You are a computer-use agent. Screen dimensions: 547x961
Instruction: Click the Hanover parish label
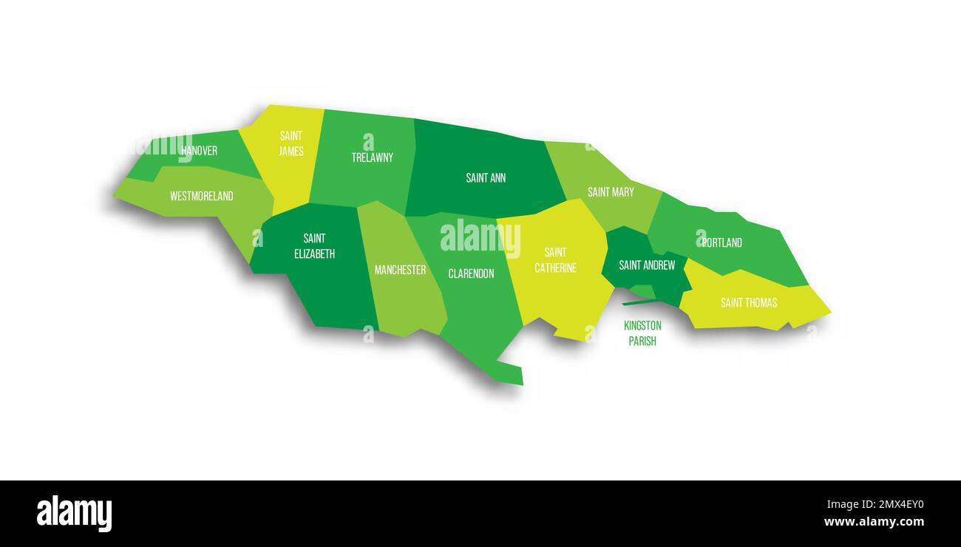point(200,151)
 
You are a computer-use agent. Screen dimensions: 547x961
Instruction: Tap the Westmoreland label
point(201,196)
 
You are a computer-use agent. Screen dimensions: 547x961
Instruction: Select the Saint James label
point(291,143)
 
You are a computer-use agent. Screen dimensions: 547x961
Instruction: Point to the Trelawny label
point(372,157)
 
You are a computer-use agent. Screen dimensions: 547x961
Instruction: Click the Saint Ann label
point(486,178)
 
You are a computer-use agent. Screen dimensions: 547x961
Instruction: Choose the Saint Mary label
point(611,192)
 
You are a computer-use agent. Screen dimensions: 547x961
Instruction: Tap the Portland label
point(721,242)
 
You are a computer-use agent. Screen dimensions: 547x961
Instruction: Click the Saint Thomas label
point(748,302)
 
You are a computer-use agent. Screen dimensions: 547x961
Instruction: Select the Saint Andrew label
point(647,265)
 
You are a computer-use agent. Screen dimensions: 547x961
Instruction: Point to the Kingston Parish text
point(642,333)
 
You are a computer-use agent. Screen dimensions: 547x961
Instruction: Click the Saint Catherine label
point(555,260)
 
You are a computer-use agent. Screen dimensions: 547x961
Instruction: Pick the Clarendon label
point(471,273)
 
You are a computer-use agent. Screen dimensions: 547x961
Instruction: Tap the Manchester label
point(400,270)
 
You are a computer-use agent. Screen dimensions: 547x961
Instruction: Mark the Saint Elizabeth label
point(314,246)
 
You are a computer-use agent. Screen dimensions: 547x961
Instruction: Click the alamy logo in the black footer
point(74,514)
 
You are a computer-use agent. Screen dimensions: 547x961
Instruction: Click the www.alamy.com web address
point(874,522)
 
